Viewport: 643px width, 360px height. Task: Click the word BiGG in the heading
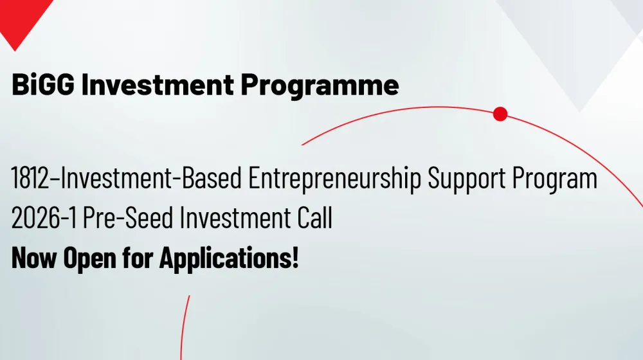point(43,84)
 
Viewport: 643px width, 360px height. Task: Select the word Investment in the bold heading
point(158,84)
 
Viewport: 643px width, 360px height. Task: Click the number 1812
point(30,178)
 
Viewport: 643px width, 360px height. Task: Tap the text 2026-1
point(44,217)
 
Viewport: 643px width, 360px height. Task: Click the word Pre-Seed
point(128,217)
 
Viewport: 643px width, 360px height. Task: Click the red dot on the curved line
point(500,114)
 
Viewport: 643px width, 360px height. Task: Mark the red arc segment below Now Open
point(184,327)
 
